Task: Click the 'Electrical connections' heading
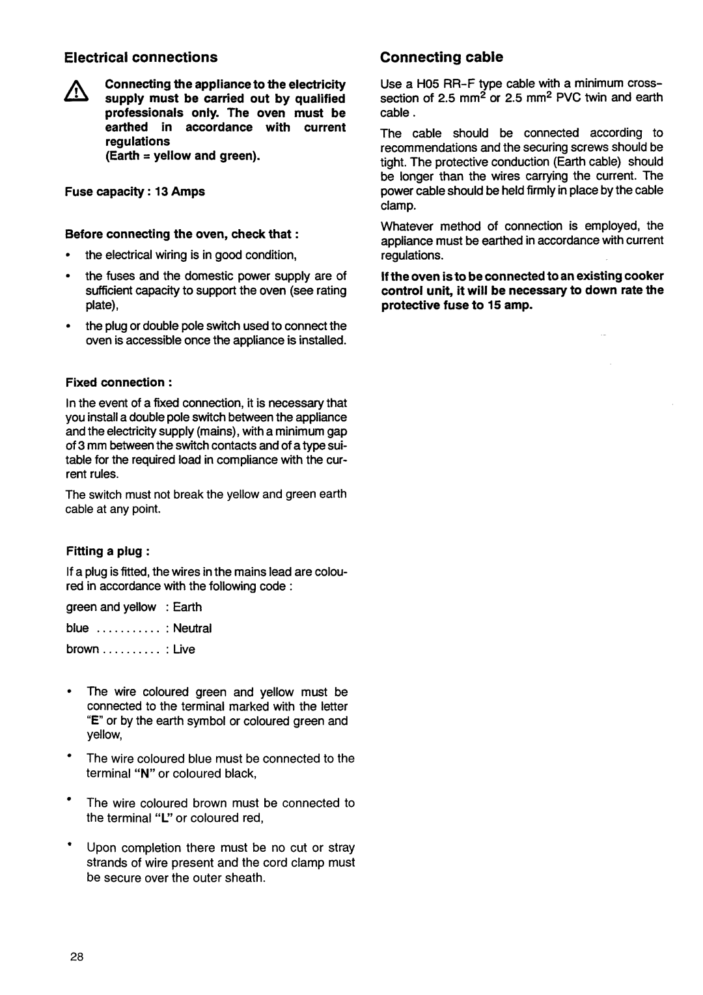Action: tap(141, 57)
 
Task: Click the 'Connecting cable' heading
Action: tap(441, 57)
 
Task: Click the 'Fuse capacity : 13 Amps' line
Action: tap(134, 191)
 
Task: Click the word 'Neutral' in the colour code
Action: tap(192, 628)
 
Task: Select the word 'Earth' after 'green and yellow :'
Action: tap(187, 607)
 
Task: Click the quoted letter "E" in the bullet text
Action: tap(94, 721)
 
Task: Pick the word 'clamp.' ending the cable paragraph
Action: tap(397, 205)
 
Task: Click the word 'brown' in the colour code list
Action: tap(83, 649)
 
